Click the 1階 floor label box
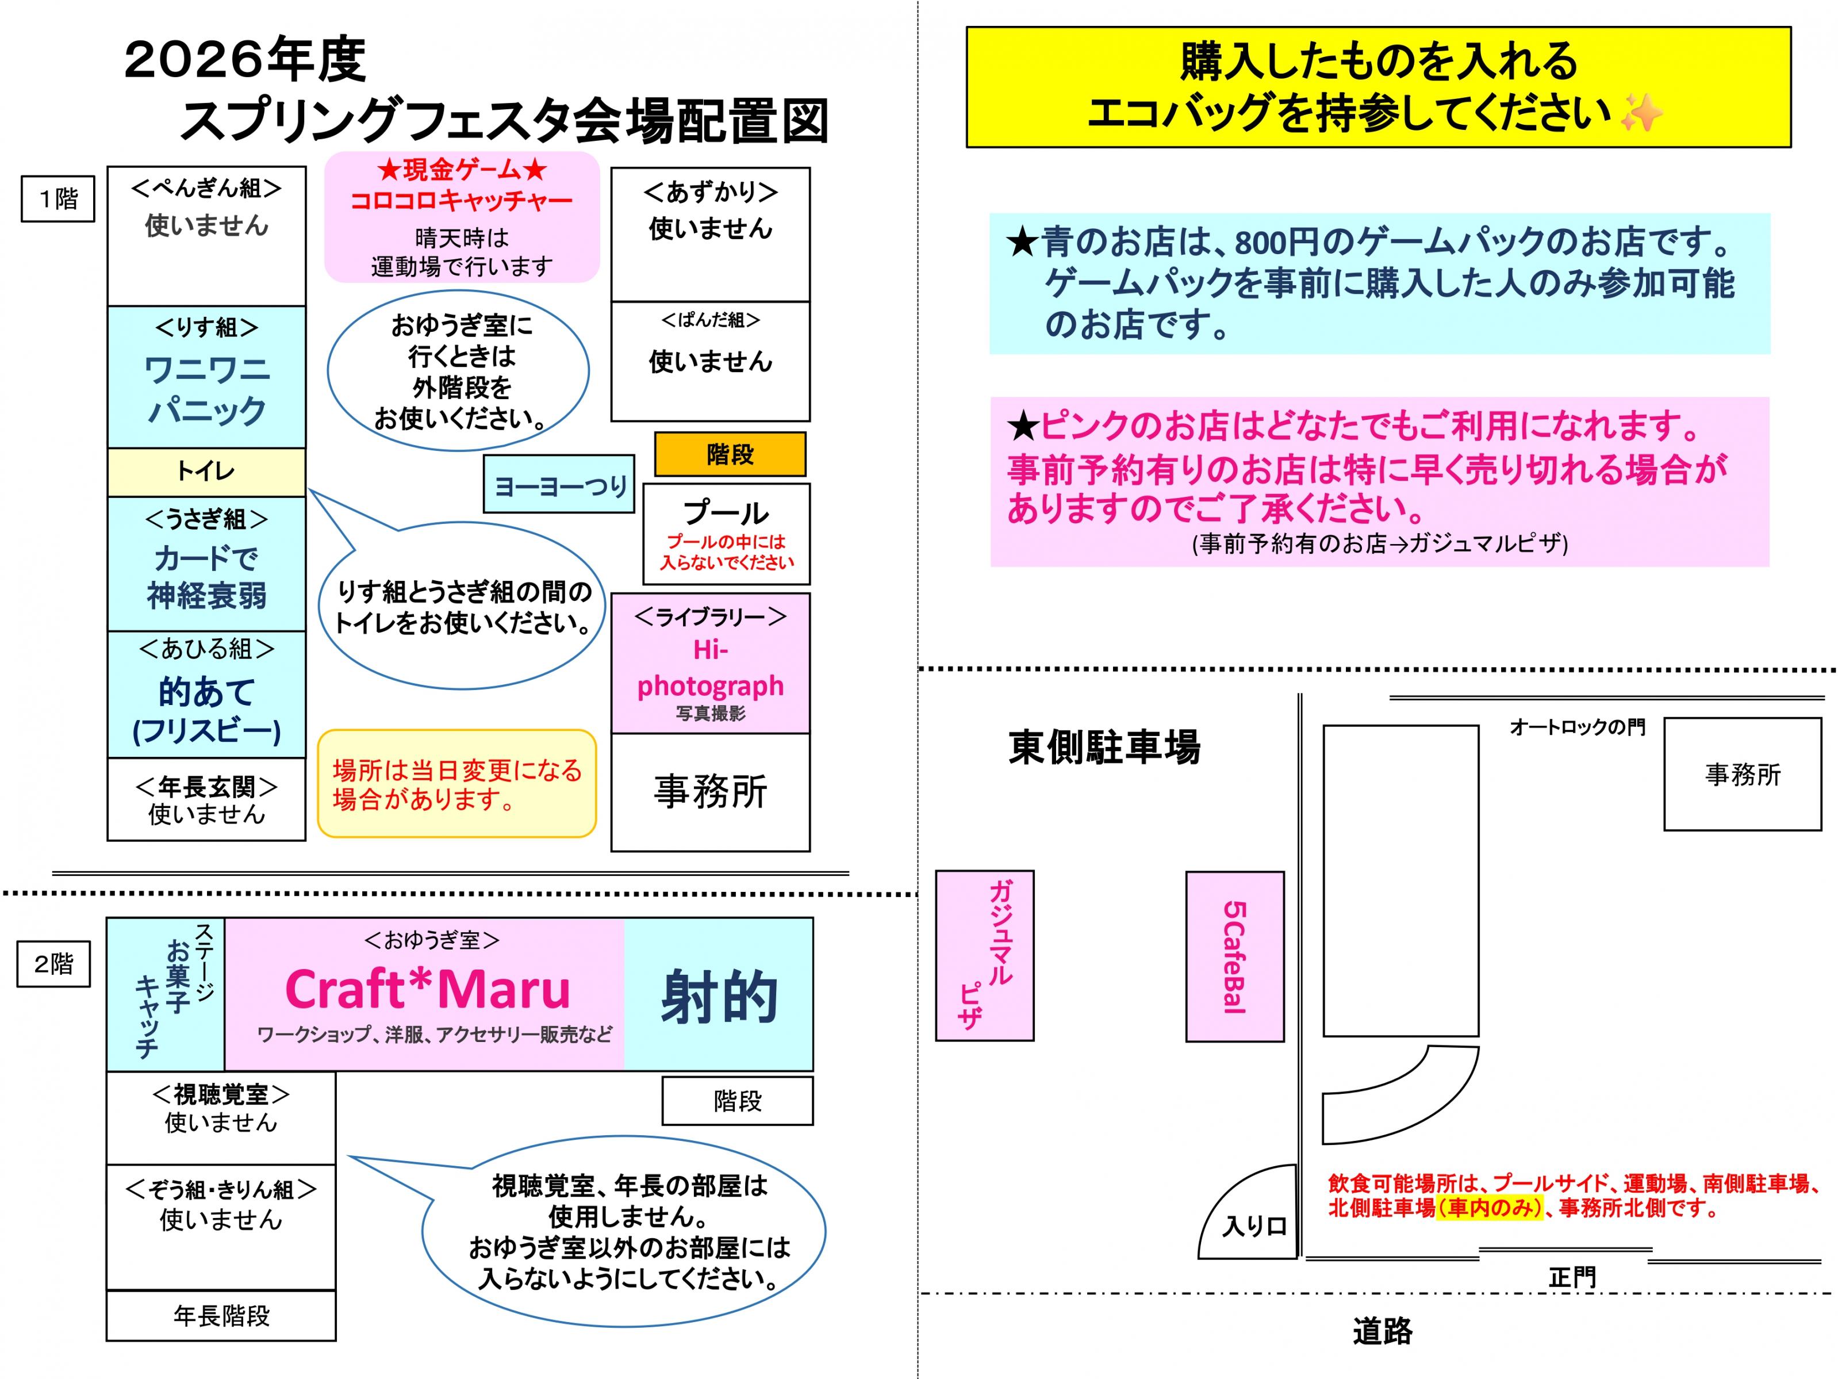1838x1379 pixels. (x=57, y=198)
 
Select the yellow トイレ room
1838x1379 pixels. (x=206, y=472)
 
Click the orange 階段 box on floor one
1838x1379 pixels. (x=730, y=454)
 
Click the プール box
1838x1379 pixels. (x=726, y=534)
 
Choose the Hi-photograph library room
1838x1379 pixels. (x=711, y=663)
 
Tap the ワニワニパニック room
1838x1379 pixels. (x=206, y=377)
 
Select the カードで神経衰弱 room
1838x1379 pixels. (x=206, y=564)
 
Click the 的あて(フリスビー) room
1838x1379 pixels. (x=206, y=695)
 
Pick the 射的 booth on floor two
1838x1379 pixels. (x=719, y=994)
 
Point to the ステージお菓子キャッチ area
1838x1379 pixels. (x=166, y=994)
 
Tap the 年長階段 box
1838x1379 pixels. (x=221, y=1316)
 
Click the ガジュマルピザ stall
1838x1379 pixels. (x=985, y=956)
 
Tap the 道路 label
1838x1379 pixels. (x=1382, y=1332)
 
